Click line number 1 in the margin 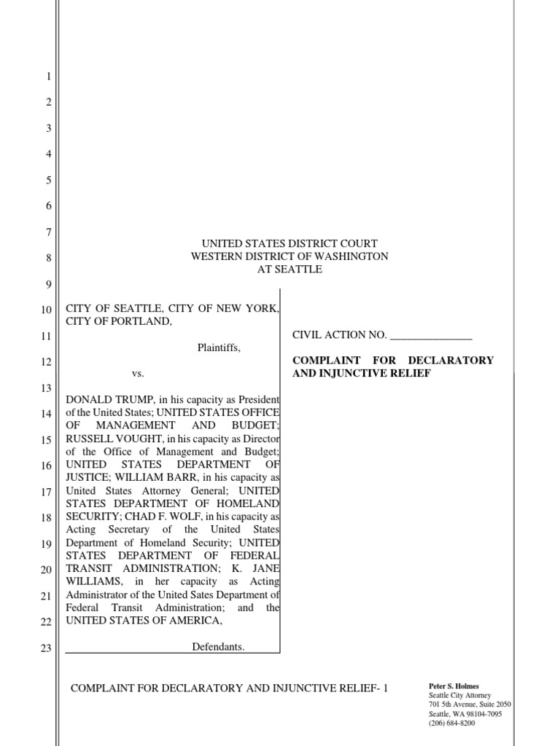(x=48, y=76)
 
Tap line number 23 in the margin (x=45, y=648)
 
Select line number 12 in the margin (x=45, y=362)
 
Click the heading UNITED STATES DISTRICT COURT (x=289, y=243)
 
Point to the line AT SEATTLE (x=289, y=269)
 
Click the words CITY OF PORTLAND (x=119, y=321)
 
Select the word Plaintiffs (x=219, y=348)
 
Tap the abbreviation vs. (x=139, y=374)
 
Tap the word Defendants (x=219, y=646)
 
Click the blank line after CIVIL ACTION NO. (x=431, y=335)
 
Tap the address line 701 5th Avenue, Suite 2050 (x=470, y=704)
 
